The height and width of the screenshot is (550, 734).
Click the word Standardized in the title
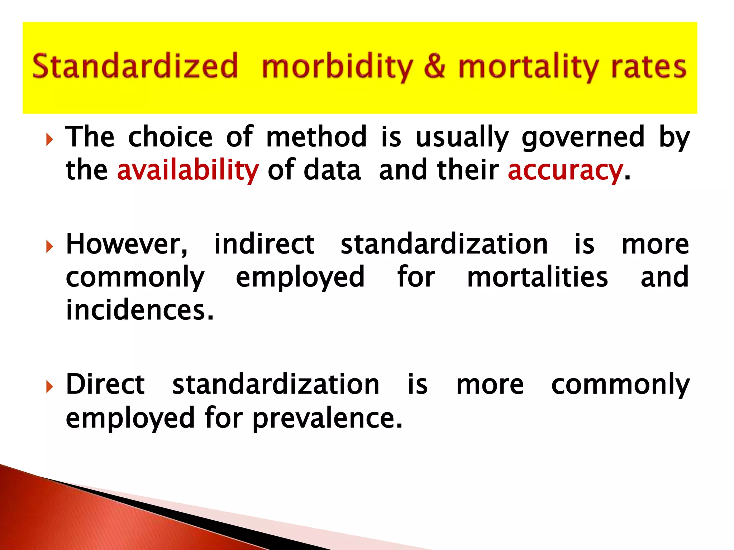tap(135, 66)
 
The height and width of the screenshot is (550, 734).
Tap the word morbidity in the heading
tap(337, 67)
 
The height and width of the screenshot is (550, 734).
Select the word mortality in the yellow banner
tap(529, 67)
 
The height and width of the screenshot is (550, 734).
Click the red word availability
tap(188, 170)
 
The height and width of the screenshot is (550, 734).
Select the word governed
tap(583, 137)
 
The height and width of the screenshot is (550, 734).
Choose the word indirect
tap(264, 244)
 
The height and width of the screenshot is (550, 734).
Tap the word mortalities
tap(538, 277)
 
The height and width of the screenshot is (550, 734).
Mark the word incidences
tap(140, 310)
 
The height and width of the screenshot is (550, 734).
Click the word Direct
tap(105, 384)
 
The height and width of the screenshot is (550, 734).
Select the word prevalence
tap(327, 418)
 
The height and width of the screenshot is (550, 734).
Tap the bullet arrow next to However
tap(49, 247)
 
